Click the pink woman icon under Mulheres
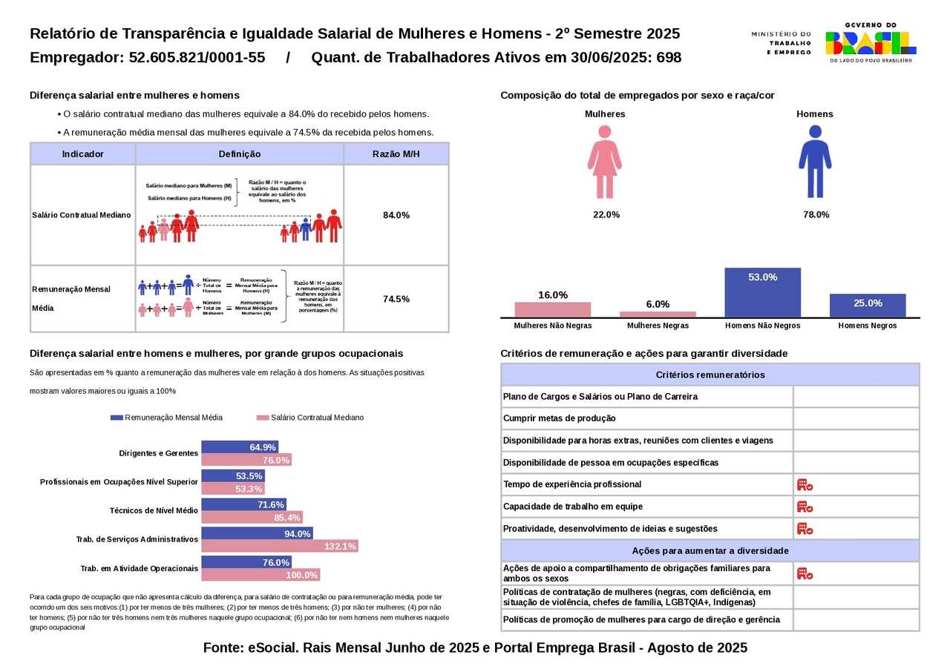click(605, 162)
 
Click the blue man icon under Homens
click(815, 162)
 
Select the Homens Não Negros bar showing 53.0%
click(763, 292)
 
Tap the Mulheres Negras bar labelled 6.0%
click(658, 314)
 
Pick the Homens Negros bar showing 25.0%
click(868, 306)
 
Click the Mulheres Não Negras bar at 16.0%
click(553, 310)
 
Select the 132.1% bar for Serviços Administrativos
click(280, 546)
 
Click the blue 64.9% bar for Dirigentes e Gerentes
click(240, 447)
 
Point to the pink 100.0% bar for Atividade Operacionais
click(261, 575)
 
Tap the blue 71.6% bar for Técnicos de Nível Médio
click(243, 504)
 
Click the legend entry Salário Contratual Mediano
click(310, 418)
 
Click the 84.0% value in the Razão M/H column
click(396, 215)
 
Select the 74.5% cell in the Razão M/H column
click(396, 299)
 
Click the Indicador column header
click(82, 154)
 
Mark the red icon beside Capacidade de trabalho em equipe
click(805, 507)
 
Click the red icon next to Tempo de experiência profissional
click(805, 484)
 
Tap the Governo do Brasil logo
click(871, 42)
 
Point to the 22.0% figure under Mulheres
click(606, 215)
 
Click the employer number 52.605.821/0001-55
click(197, 58)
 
